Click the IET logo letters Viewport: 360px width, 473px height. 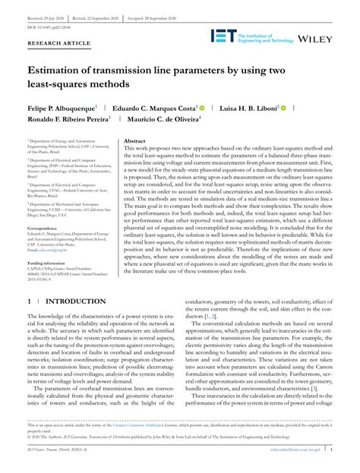coord(226,36)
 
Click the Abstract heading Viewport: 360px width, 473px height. coord(134,141)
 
